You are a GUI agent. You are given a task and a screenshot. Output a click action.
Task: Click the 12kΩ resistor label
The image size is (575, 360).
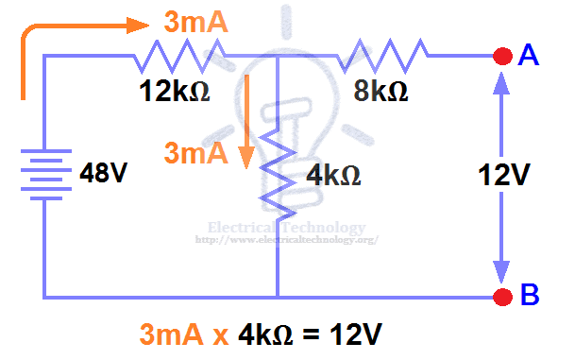click(172, 93)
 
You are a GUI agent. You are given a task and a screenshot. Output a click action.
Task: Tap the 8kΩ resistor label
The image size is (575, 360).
click(381, 93)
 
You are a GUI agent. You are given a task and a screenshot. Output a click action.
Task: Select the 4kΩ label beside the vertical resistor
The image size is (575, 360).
click(334, 176)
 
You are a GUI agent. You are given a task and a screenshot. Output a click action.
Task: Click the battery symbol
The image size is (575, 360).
click(42, 173)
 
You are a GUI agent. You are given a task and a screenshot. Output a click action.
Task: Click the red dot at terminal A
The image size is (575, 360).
click(501, 58)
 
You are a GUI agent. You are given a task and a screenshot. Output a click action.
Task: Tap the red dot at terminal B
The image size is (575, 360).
click(501, 296)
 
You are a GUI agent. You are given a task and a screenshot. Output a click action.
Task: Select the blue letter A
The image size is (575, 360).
click(529, 57)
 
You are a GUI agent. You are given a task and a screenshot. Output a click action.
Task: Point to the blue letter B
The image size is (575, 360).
click(530, 296)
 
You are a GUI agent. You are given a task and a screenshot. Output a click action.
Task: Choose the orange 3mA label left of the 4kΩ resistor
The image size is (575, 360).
click(195, 153)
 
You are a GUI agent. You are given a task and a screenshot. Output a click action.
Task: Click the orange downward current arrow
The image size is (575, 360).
click(249, 123)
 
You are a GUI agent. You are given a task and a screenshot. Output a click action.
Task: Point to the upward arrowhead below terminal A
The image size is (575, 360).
click(501, 86)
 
